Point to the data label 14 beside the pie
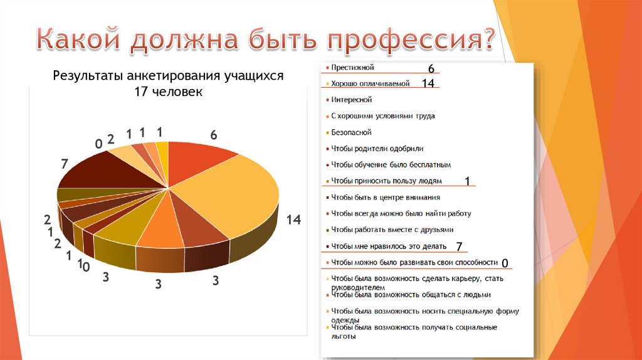click(294, 220)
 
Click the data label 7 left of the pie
click(64, 164)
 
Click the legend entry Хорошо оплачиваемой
click(370, 83)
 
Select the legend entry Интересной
click(352, 100)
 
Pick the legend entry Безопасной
click(351, 132)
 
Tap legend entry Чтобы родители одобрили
click(377, 149)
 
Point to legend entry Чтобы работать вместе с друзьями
click(392, 230)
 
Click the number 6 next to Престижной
click(431, 68)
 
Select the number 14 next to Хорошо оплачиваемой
click(428, 83)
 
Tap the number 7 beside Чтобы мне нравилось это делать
click(459, 246)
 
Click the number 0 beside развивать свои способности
click(505, 262)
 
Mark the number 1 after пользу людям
click(467, 181)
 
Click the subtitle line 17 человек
click(168, 92)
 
